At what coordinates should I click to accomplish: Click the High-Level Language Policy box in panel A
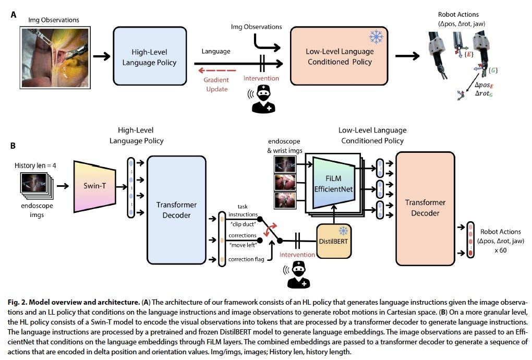pyautogui.click(x=149, y=57)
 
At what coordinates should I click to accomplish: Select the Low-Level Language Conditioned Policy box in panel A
pyautogui.click(x=339, y=57)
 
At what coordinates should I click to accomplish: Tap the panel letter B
pyautogui.click(x=14, y=147)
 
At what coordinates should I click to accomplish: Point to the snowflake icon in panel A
pyautogui.click(x=375, y=36)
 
